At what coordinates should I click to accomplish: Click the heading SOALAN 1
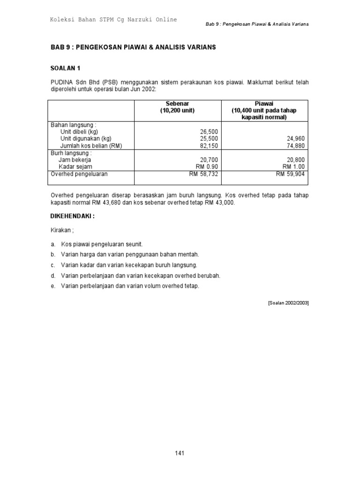(x=65, y=67)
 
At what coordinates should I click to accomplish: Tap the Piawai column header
(x=264, y=103)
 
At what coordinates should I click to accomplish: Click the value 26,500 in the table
(x=209, y=132)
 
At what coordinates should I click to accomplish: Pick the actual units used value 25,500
(x=209, y=139)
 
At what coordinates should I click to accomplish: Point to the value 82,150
(x=209, y=146)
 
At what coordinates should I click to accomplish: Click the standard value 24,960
(x=295, y=139)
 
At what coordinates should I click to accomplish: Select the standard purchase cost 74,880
(x=295, y=146)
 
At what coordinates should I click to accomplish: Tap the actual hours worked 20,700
(x=209, y=160)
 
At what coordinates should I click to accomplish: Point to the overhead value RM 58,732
(x=204, y=174)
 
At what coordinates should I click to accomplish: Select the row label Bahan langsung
(x=73, y=125)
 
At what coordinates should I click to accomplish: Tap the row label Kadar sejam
(x=75, y=167)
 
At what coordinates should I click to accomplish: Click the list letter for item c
(x=53, y=265)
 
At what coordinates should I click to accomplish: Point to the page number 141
(x=180, y=453)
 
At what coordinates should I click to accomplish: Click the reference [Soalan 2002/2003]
(x=288, y=303)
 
